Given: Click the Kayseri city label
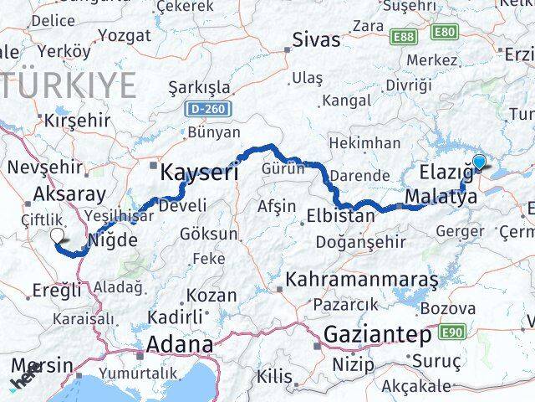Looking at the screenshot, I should (x=199, y=173).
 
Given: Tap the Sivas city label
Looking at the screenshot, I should (x=317, y=39).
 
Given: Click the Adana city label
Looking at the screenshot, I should (x=179, y=344).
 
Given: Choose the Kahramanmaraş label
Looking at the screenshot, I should (x=362, y=278).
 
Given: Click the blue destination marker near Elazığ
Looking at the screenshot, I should (x=480, y=162).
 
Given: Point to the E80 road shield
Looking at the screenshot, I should (x=444, y=32).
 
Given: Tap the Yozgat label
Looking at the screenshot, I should (x=125, y=35).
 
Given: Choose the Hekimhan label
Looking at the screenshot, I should (x=364, y=144).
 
